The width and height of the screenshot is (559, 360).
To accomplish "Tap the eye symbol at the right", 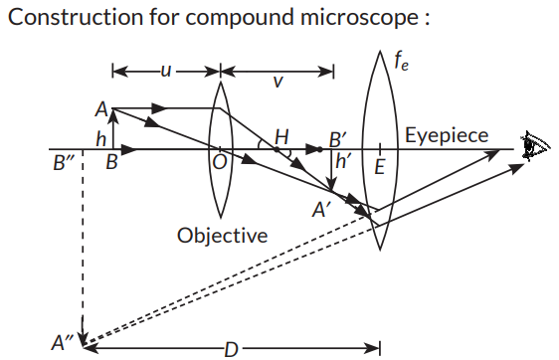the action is (x=536, y=146).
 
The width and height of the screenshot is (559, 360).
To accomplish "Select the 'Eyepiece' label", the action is (x=447, y=135).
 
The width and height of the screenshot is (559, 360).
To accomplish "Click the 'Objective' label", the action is (x=223, y=236).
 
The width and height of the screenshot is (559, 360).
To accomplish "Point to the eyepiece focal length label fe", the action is (x=401, y=62).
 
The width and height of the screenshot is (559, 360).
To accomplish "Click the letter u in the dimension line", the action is (x=166, y=71).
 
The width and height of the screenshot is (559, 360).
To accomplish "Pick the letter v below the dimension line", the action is (x=278, y=82).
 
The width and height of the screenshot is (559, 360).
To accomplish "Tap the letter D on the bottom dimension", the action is (x=231, y=350).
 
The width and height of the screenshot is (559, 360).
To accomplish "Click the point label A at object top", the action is (x=101, y=109).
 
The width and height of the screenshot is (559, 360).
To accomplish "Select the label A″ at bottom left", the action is (x=62, y=343).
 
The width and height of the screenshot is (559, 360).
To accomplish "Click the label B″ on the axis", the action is (x=64, y=162).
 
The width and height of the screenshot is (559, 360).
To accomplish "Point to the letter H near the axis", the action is (x=281, y=137).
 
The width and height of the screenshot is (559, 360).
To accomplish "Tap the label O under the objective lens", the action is (x=220, y=162).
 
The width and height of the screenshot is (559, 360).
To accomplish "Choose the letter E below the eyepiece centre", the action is (x=380, y=166).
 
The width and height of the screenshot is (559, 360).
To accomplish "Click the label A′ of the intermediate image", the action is (x=318, y=210).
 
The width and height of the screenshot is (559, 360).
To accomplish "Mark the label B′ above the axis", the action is (x=337, y=139).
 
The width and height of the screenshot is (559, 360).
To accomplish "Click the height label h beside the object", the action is (x=101, y=138).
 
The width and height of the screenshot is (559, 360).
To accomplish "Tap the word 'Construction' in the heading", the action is (x=75, y=17).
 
